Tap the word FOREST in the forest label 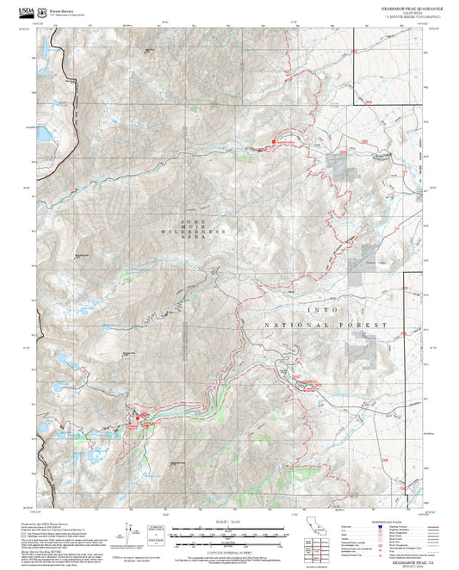pos(361,325)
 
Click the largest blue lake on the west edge pos(40,135)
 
